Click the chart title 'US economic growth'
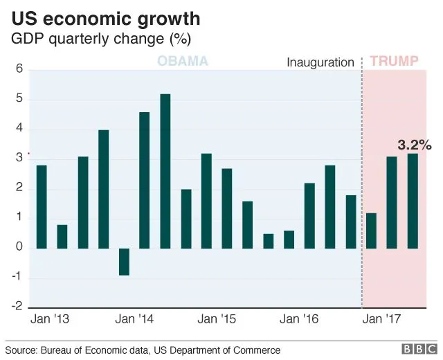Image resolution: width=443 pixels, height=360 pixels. [106, 17]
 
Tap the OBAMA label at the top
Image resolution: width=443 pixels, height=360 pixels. [183, 62]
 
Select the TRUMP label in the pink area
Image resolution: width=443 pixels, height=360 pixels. [394, 62]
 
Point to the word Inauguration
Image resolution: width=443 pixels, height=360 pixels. [320, 62]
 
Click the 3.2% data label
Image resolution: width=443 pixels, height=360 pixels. [415, 145]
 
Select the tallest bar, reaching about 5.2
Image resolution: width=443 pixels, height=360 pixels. [165, 171]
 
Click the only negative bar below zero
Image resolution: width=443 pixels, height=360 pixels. [124, 262]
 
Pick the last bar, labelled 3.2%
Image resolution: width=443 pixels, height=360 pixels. [413, 201]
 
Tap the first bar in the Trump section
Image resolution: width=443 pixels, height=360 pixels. [371, 231]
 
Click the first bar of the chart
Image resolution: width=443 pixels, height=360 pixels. [42, 207]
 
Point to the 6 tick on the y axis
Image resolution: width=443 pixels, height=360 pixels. [20, 69]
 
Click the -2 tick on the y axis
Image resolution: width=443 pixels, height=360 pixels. [18, 307]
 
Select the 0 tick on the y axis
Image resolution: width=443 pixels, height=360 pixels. [20, 248]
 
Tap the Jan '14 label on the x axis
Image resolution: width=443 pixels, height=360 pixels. [134, 320]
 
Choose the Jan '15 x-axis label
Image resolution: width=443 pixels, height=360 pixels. [217, 320]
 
